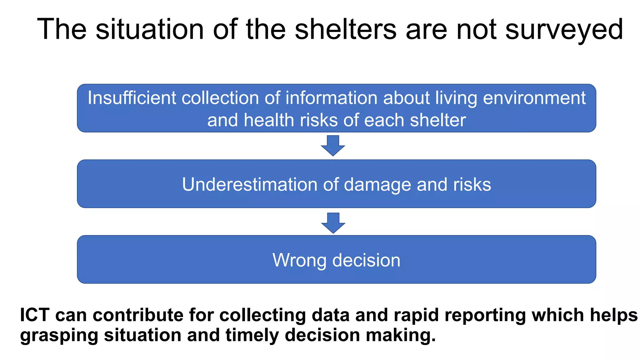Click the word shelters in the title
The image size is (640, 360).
pyautogui.click(x=345, y=29)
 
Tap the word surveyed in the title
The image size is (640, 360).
pyautogui.click(x=564, y=29)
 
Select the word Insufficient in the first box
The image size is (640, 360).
pyautogui.click(x=132, y=98)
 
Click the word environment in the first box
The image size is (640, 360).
pyautogui.click(x=534, y=98)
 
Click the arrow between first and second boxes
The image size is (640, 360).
pyautogui.click(x=333, y=145)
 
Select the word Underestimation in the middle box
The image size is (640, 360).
pyautogui.click(x=249, y=184)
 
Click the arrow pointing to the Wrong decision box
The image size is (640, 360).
pyautogui.click(x=333, y=223)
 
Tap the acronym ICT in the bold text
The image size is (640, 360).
pyautogui.click(x=35, y=315)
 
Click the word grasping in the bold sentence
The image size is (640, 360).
pyautogui.click(x=59, y=335)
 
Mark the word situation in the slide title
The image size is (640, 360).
pyautogui.click(x=150, y=29)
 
